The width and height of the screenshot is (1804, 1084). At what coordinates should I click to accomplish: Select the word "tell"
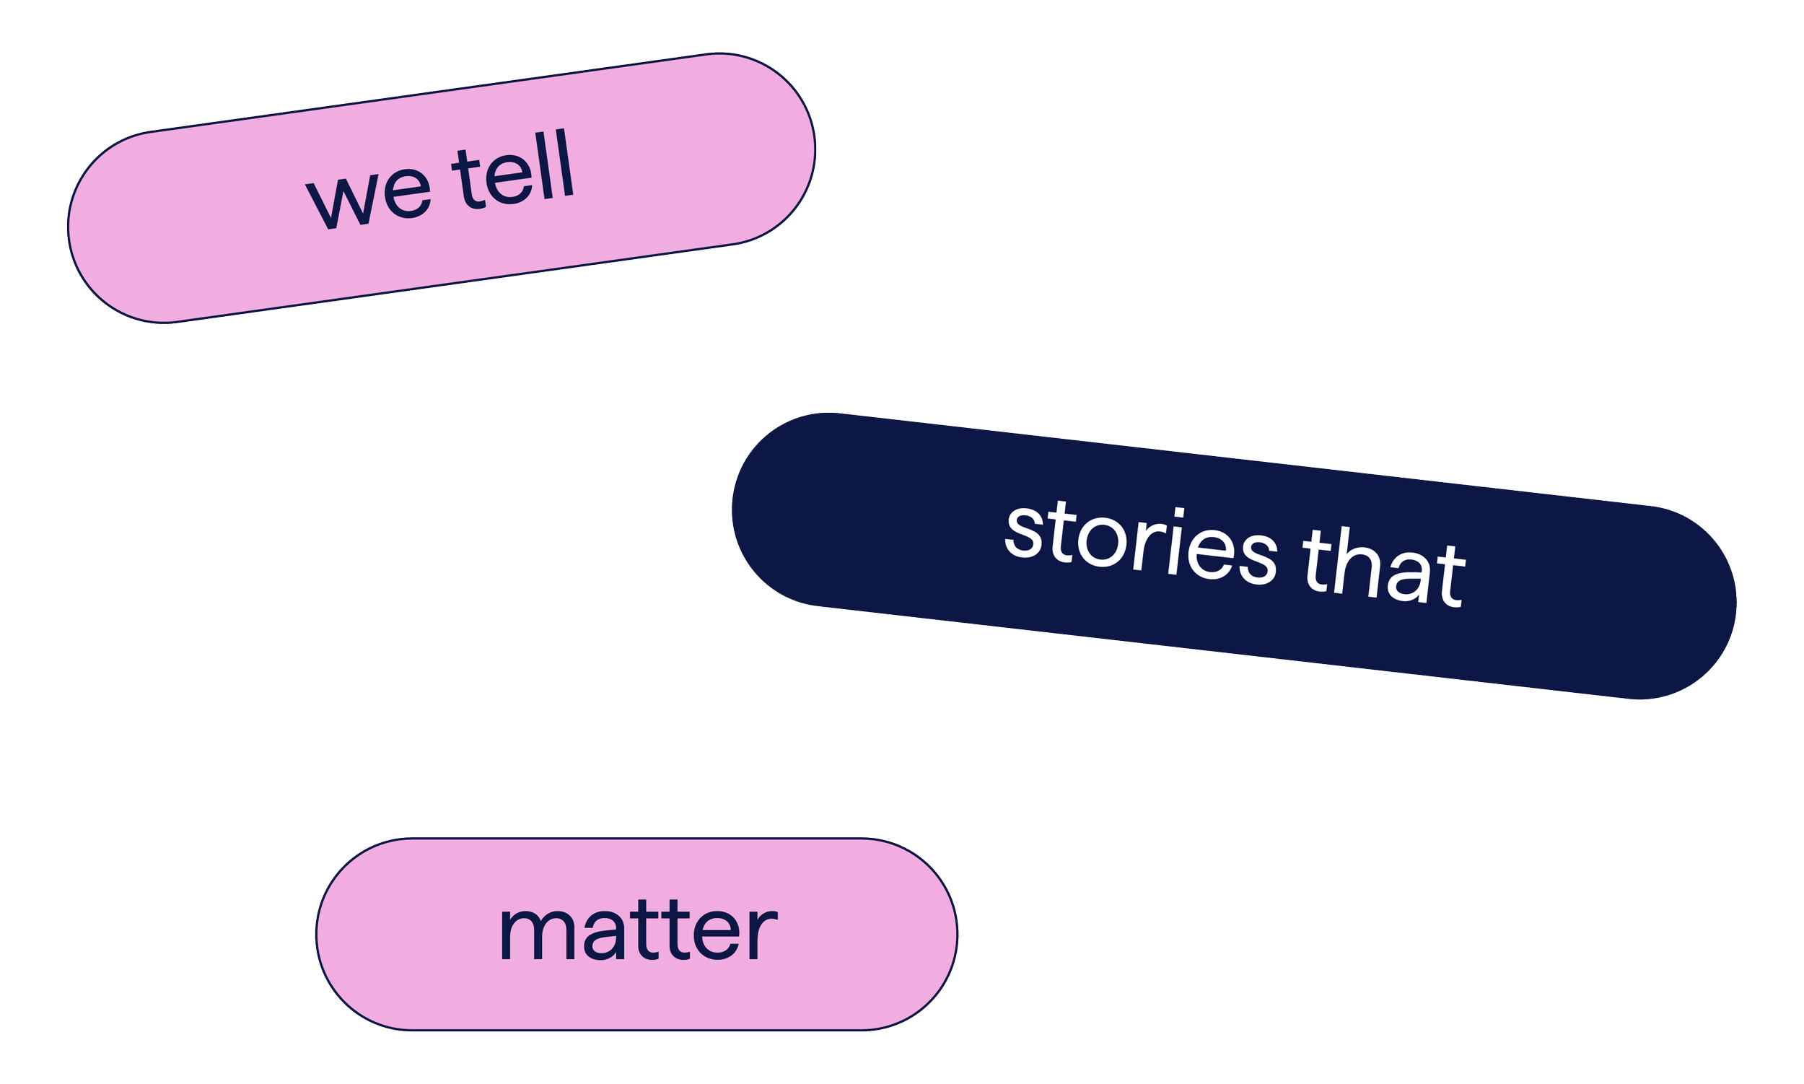point(513,175)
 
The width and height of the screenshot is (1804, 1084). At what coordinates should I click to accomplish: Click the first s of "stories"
point(1023,534)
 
